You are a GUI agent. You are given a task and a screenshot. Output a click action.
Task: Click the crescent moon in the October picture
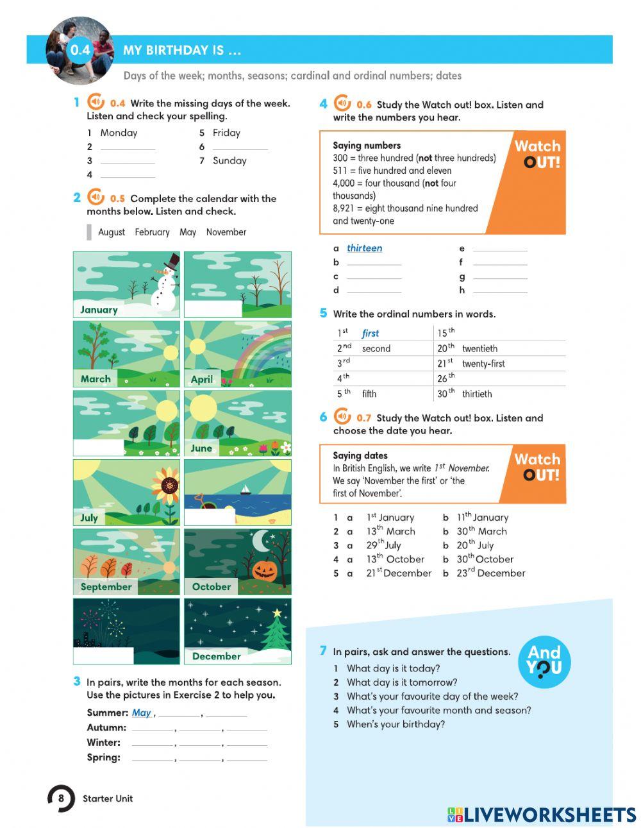point(262,541)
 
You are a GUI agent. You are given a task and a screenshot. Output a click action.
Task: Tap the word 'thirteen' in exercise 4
point(364,248)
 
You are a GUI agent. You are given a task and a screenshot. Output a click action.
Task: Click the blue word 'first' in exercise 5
point(370,333)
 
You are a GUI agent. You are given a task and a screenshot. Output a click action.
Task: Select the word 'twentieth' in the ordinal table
point(479,348)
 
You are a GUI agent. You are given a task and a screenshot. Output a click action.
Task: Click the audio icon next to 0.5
point(96,198)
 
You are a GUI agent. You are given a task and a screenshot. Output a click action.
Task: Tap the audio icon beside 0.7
point(342,417)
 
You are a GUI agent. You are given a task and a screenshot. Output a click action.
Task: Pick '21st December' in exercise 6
point(399,573)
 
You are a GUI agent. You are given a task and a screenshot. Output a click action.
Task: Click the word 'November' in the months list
point(226,232)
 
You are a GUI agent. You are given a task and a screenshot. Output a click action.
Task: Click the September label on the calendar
point(106,586)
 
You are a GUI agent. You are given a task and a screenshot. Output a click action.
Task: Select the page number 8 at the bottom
point(61,798)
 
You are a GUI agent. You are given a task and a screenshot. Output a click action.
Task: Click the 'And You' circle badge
point(544,661)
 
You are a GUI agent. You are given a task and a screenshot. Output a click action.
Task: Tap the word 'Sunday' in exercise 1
point(229,160)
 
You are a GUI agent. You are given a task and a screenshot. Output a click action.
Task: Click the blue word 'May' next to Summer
point(141,713)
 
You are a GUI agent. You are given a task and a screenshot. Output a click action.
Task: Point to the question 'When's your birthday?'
point(395,724)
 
